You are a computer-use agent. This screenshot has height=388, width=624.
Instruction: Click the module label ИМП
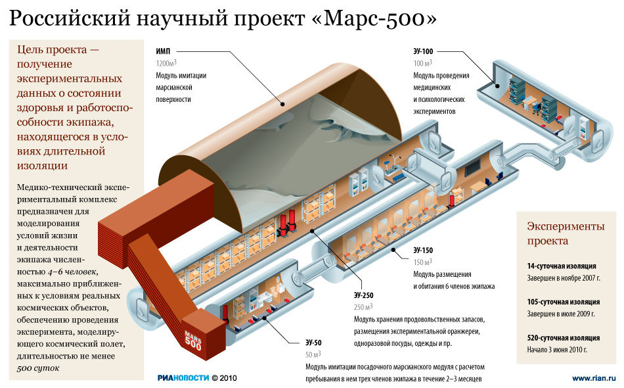pos(163,51)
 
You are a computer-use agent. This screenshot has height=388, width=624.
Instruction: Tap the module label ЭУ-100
pos(423,51)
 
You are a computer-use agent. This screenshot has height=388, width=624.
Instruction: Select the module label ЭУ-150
pos(422,251)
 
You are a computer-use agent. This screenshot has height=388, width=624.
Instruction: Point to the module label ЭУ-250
pos(363,295)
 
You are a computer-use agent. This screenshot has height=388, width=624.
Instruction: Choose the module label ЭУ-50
pos(313,343)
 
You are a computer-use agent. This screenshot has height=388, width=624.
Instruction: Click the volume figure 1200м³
pos(166,63)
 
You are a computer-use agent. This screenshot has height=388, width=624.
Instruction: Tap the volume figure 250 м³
pos(363,306)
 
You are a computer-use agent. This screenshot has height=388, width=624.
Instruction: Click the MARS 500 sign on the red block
pos(193,340)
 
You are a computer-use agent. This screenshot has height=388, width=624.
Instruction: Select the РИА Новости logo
pos(183,378)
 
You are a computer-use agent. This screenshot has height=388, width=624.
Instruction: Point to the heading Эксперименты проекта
pos(566,233)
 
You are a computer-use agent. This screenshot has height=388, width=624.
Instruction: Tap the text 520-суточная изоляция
pos(563,338)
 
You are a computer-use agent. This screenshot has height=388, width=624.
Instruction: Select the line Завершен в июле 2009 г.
pos(561,314)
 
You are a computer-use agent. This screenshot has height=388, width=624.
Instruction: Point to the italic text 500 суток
pos(38,368)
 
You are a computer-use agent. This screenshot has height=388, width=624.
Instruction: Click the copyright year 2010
pos(229,378)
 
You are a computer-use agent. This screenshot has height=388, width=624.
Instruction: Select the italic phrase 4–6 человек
pos(72,272)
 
